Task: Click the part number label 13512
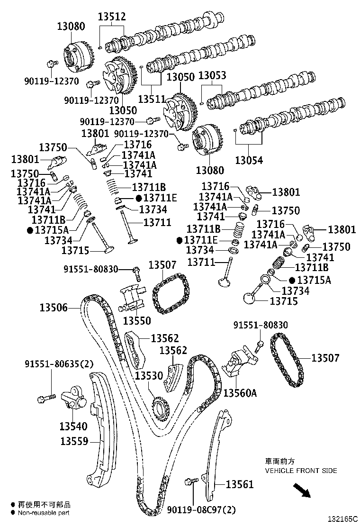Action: pyautogui.click(x=112, y=17)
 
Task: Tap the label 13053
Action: pyautogui.click(x=212, y=76)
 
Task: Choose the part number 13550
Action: pyautogui.click(x=137, y=321)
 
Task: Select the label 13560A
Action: pyautogui.click(x=240, y=393)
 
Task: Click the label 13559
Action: pyautogui.click(x=74, y=441)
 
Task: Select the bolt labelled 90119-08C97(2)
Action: pyautogui.click(x=192, y=482)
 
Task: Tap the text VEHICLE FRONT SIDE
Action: pyautogui.click(x=301, y=471)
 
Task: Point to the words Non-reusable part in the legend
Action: pyautogui.click(x=44, y=513)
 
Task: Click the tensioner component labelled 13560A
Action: pyautogui.click(x=241, y=363)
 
